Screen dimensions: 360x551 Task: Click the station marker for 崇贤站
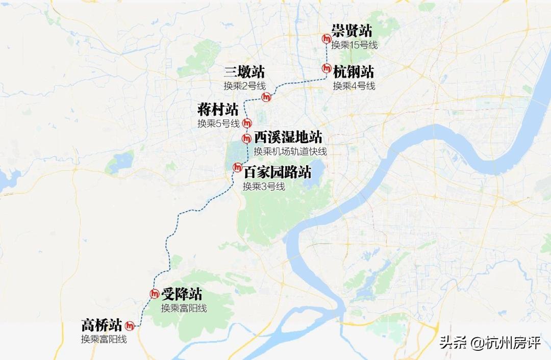[327, 39]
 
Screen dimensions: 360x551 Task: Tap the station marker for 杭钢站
[327, 68]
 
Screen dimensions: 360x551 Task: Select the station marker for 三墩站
[266, 97]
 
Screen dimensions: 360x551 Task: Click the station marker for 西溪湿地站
[246, 138]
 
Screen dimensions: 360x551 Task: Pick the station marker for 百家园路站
[237, 167]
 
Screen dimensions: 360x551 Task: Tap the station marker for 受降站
[155, 293]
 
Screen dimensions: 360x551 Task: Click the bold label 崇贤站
[352, 31]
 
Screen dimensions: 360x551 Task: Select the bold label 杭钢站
[354, 71]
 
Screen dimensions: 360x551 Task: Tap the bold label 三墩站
[244, 72]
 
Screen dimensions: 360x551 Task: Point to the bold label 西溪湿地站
[288, 137]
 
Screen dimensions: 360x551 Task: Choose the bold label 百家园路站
[277, 171]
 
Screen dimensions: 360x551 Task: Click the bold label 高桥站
[102, 325]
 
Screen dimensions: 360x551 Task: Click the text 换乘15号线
[354, 45]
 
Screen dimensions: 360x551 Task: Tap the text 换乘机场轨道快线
[290, 151]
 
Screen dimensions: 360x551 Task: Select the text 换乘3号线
[264, 186]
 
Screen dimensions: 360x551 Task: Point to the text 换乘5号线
[218, 123]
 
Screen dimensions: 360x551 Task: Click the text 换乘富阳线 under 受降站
[184, 308]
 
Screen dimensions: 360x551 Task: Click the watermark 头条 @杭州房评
[490, 343]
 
